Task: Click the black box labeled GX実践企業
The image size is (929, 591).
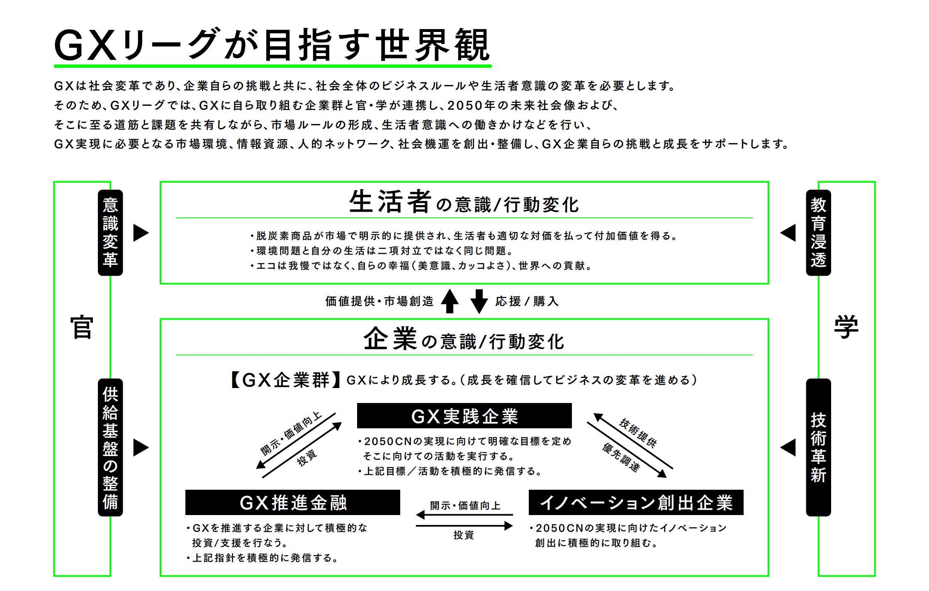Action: click(464, 416)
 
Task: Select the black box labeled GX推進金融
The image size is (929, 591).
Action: click(292, 503)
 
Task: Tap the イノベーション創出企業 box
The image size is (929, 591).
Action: click(636, 503)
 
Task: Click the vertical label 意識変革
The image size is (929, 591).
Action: click(110, 232)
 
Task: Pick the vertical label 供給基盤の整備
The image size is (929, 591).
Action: click(110, 447)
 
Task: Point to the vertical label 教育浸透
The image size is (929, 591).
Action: click(818, 232)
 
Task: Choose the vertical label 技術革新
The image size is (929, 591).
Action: click(818, 447)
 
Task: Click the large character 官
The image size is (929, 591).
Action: click(82, 327)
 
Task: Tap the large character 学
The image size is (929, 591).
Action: click(846, 327)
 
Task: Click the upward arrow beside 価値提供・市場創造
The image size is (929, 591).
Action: click(450, 301)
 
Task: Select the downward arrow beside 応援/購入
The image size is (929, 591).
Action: click(479, 301)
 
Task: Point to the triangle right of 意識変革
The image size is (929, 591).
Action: click(140, 232)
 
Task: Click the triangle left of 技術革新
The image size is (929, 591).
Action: click(788, 447)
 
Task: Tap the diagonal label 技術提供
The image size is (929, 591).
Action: click(638, 433)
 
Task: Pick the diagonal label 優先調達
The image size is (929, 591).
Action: click(621, 457)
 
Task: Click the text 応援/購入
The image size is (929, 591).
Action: click(527, 301)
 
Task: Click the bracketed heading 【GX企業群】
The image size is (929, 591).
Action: click(285, 380)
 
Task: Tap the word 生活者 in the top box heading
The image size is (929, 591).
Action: click(390, 202)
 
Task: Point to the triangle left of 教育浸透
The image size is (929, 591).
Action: click(788, 232)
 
